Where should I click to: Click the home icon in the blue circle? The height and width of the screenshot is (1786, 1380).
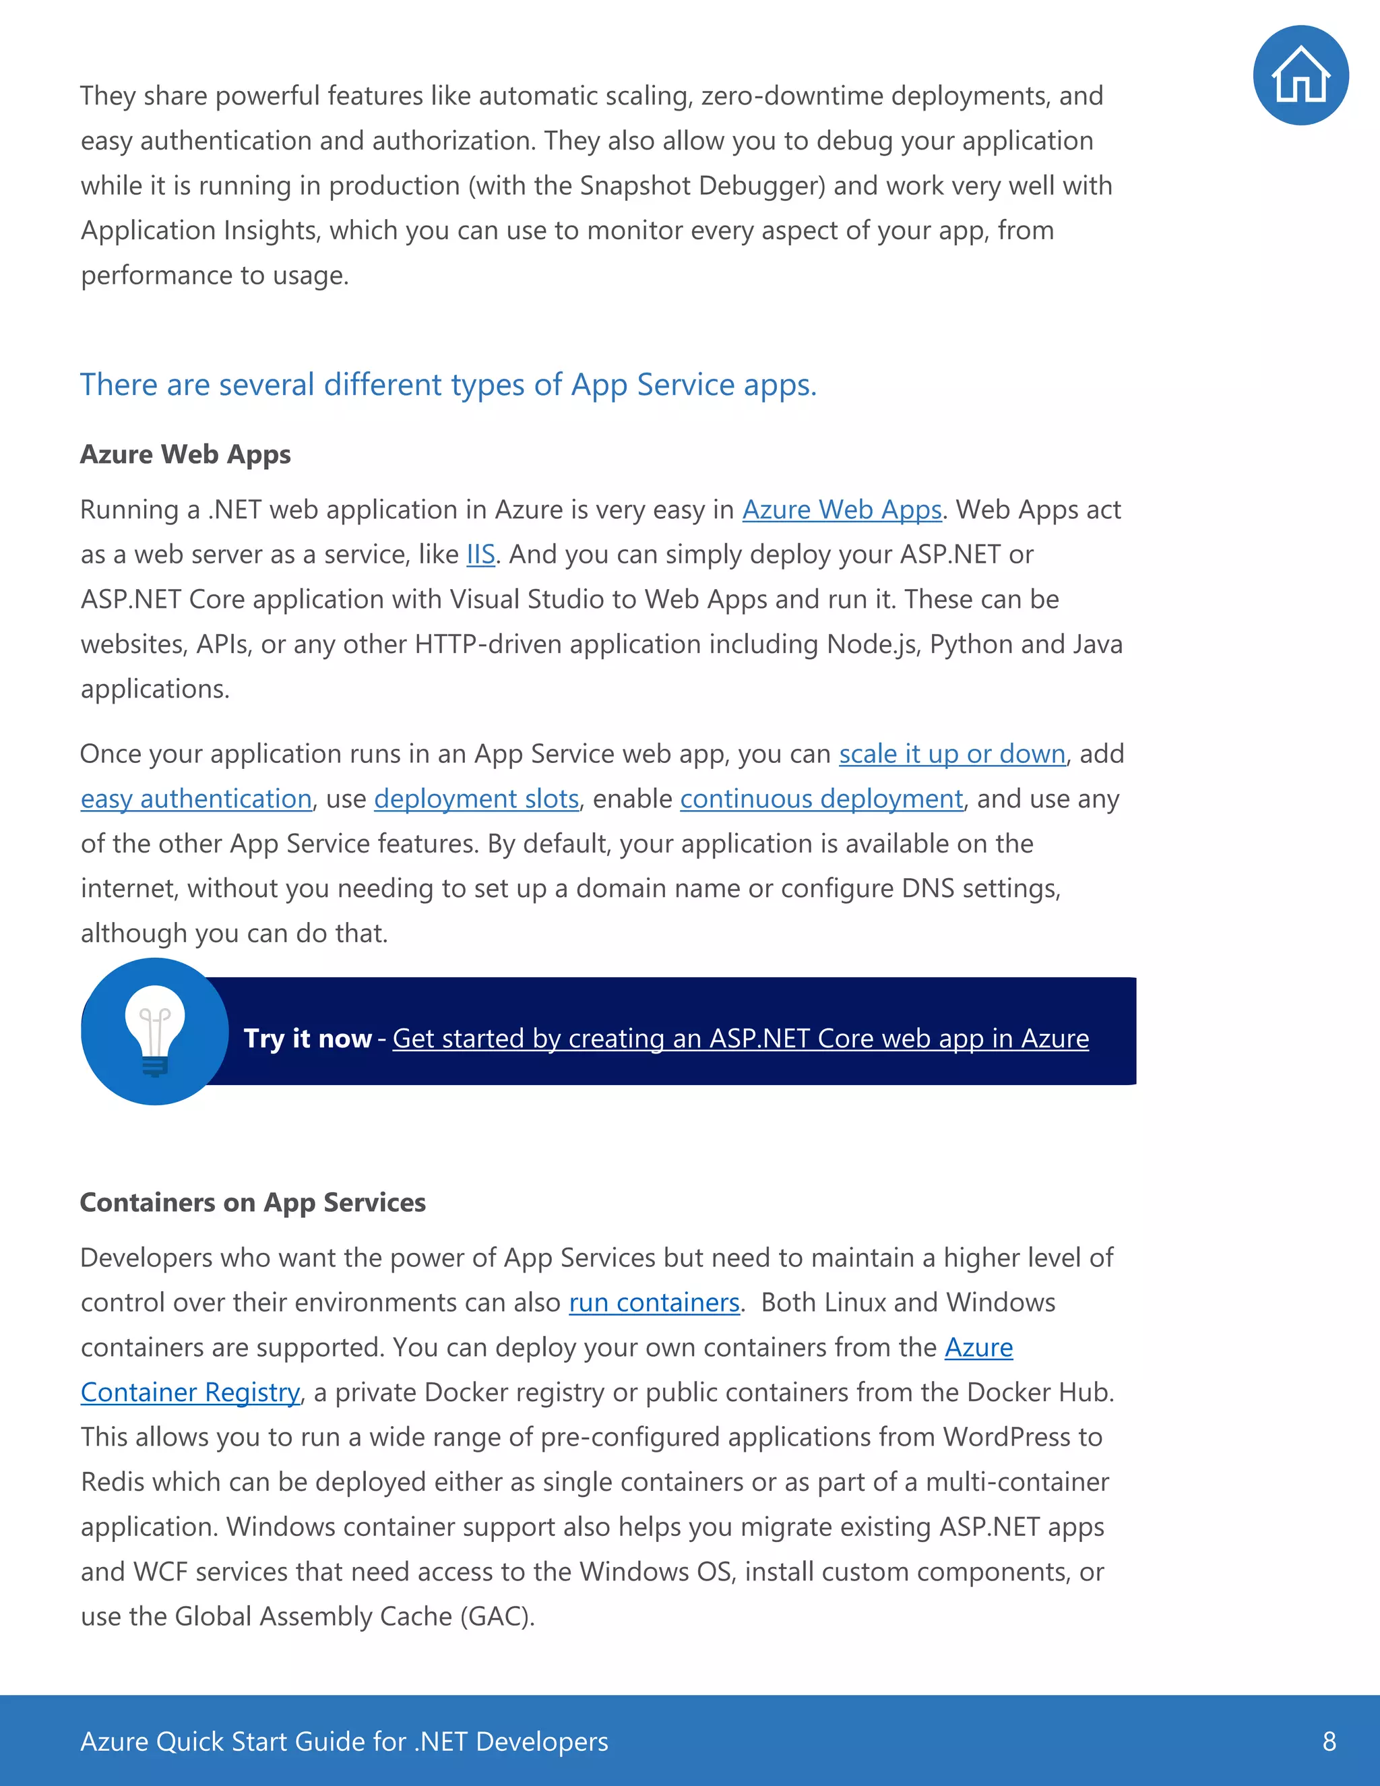pyautogui.click(x=1300, y=75)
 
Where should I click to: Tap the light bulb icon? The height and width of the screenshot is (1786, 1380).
pyautogui.click(x=154, y=1030)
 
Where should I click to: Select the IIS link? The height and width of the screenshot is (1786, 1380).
pyautogui.click(x=480, y=555)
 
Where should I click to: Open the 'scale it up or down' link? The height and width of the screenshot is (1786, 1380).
pyautogui.click(x=951, y=753)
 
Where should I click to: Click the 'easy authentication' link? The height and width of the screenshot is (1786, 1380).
pyautogui.click(x=196, y=798)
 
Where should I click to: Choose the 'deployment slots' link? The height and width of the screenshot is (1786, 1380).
pyautogui.click(x=476, y=798)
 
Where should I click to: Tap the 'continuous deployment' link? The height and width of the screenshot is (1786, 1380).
pyautogui.click(x=821, y=798)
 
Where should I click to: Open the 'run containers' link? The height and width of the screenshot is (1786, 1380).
pyautogui.click(x=654, y=1302)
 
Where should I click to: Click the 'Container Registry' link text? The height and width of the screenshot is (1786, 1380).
pyautogui.click(x=191, y=1392)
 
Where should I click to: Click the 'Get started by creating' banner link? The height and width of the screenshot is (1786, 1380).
pyautogui.click(x=740, y=1038)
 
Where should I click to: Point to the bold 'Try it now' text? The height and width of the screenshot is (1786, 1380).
pyautogui.click(x=307, y=1038)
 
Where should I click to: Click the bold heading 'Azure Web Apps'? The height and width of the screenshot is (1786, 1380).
pyautogui.click(x=185, y=454)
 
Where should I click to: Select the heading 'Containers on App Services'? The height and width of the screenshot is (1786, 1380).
pyautogui.click(x=253, y=1202)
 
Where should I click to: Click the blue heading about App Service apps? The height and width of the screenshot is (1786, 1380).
pyautogui.click(x=448, y=384)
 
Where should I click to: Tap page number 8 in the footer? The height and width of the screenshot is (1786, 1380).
pyautogui.click(x=1329, y=1741)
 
